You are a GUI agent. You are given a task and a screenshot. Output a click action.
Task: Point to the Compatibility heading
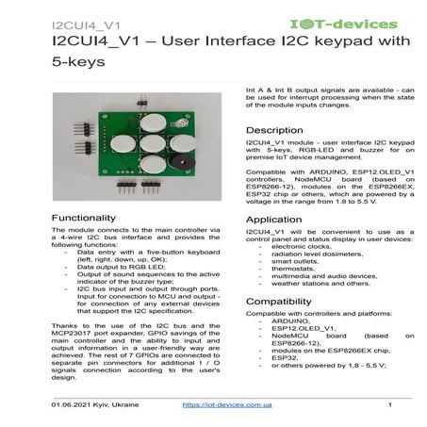pyautogui.click(x=281, y=302)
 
